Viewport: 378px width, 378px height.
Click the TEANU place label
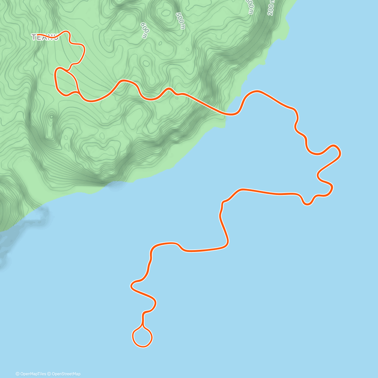click(x=45, y=37)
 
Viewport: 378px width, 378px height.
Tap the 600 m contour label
click(x=144, y=30)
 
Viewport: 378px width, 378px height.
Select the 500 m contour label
click(x=180, y=21)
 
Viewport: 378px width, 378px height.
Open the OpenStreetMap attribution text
click(x=66, y=374)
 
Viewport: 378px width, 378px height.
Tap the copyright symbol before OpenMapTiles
click(x=18, y=374)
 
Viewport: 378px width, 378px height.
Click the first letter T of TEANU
click(x=34, y=37)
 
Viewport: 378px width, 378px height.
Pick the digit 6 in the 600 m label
click(x=142, y=25)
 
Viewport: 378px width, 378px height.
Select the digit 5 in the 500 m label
click(x=178, y=15)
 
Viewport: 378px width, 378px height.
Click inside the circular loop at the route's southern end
click(x=142, y=337)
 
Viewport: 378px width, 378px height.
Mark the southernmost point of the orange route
click(x=142, y=346)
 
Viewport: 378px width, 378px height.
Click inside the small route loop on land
click(x=66, y=82)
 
